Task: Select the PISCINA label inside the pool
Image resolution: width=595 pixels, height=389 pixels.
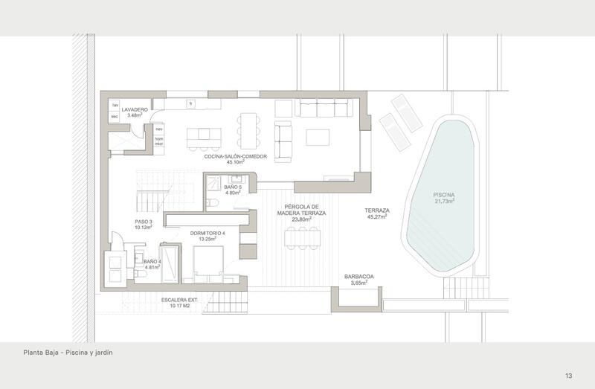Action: coord(444,196)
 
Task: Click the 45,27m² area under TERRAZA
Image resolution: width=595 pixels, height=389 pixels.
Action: coord(377,219)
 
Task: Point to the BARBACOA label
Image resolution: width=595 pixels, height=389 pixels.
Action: coord(359,277)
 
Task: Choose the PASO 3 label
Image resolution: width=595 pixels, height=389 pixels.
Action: coord(144,222)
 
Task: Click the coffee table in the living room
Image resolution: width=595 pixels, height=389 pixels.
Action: coord(318,138)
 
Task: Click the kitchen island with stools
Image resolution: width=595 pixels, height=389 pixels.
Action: coord(204,138)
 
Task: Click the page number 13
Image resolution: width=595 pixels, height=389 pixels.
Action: coord(568,376)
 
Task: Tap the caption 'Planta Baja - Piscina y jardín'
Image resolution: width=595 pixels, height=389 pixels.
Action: coord(67,353)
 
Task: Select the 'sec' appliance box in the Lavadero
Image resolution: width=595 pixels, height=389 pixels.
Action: coord(115,117)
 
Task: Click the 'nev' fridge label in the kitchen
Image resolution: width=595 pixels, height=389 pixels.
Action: coord(158,129)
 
